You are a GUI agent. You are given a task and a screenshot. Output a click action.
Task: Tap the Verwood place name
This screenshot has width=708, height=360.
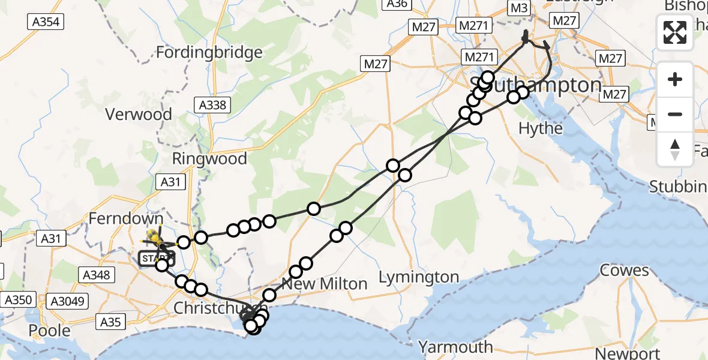click(x=138, y=114)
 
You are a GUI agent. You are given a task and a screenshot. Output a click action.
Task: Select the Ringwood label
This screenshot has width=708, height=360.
click(x=209, y=159)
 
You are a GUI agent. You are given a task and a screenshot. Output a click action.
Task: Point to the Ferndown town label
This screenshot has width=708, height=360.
click(x=127, y=219)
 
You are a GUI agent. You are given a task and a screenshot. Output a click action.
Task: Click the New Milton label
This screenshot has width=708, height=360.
click(x=332, y=284)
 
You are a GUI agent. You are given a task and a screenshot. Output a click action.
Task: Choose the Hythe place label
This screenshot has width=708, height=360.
click(x=541, y=128)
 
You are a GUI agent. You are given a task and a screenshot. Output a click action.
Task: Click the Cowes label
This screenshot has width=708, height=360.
click(x=625, y=270)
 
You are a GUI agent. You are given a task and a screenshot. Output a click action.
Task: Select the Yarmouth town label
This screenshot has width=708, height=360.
click(x=455, y=347)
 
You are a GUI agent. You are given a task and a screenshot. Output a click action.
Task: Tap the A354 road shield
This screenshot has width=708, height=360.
click(x=45, y=22)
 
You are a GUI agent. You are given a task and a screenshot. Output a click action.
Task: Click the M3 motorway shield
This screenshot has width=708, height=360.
click(x=520, y=8)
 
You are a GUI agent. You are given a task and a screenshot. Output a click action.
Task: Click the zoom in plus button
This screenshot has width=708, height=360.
click(x=675, y=80)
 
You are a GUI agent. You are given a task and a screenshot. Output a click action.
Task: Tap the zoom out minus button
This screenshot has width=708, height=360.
click(x=675, y=114)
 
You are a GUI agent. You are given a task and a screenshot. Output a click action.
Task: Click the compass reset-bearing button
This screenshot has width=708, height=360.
click(x=675, y=148)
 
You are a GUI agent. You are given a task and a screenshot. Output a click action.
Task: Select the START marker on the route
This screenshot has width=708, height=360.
click(x=156, y=259)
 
